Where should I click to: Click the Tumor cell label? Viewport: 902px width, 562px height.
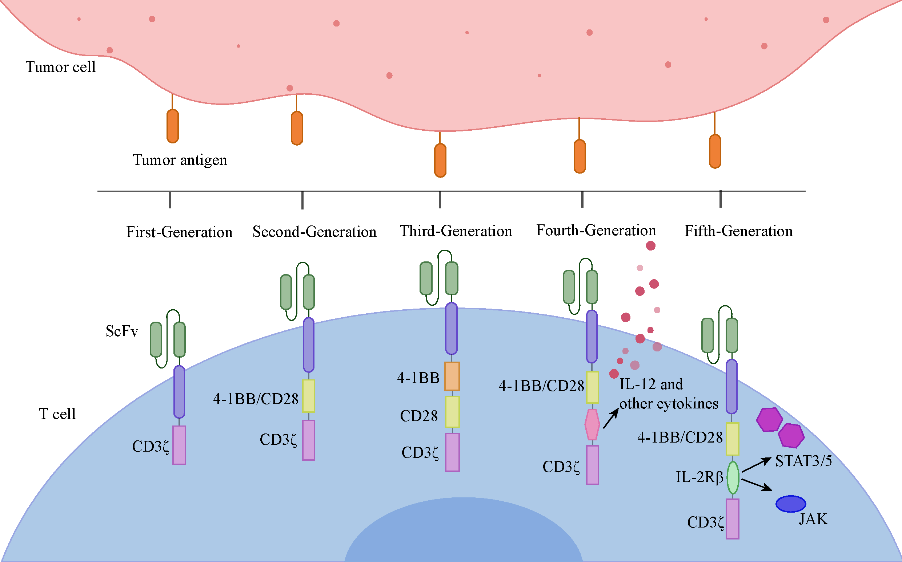coord(61,67)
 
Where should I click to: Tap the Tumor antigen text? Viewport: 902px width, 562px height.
coord(180,160)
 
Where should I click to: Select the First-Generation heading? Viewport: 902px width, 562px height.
coord(179,232)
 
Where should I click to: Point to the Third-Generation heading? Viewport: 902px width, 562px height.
coord(456,231)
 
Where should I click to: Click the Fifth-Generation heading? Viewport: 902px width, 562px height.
coord(739,231)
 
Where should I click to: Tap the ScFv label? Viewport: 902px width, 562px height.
coord(122,331)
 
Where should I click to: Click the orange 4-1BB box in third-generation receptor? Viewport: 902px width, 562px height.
coord(452,376)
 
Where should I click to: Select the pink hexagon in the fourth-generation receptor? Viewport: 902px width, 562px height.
coord(592,424)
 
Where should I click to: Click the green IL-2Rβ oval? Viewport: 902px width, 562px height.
coord(733,478)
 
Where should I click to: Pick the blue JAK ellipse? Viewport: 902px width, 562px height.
coord(791,504)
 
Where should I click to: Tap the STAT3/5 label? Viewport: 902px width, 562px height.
coord(804,461)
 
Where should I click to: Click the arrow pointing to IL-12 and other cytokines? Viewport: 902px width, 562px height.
coord(611,419)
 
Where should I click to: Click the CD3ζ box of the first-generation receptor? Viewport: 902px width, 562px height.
coord(179,445)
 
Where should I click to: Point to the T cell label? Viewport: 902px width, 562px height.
coord(57,414)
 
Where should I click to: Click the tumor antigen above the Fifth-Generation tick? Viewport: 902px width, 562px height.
coord(715,151)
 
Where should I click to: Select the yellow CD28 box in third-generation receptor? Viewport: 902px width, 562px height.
coord(452,412)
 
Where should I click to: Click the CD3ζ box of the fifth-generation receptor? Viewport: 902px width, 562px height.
coord(733,519)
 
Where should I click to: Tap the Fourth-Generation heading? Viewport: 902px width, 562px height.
coord(596,230)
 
